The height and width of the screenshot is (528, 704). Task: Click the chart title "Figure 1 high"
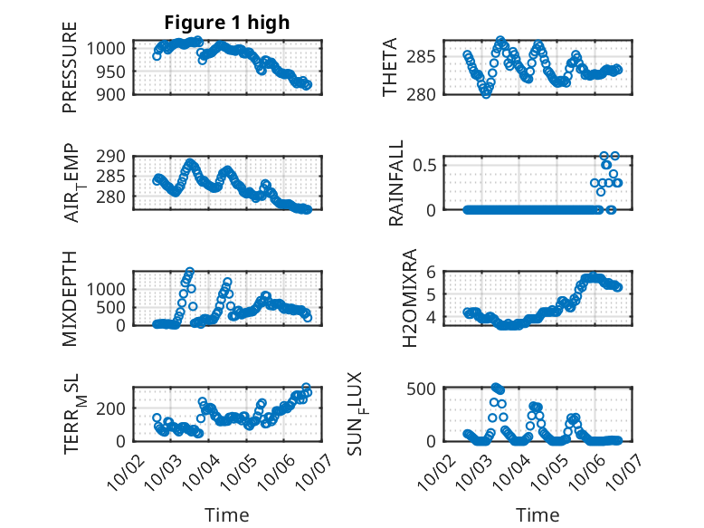pyautogui.click(x=227, y=24)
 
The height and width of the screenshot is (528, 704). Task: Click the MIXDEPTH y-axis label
pyautogui.click(x=70, y=298)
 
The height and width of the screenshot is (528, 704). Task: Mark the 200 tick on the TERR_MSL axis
pyautogui.click(x=113, y=409)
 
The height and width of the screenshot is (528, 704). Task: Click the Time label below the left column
pyautogui.click(x=227, y=515)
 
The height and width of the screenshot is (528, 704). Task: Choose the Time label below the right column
pyautogui.click(x=538, y=515)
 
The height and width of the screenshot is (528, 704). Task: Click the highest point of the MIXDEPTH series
pyautogui.click(x=190, y=271)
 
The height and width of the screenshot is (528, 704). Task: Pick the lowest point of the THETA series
pyautogui.click(x=486, y=93)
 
